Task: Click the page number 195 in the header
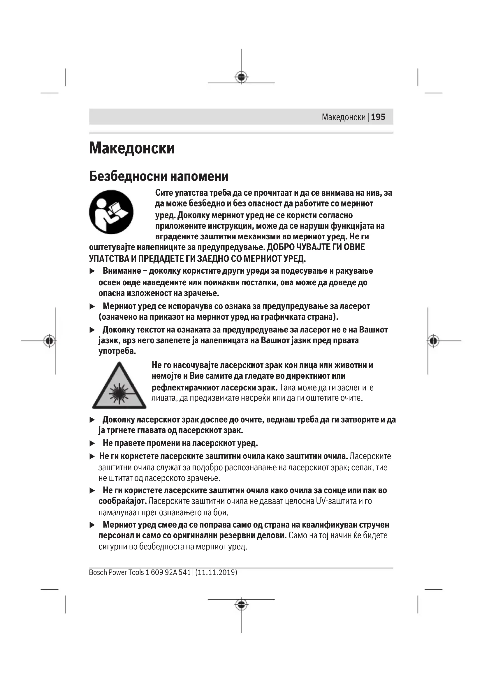tap(378, 117)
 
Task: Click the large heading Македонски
tap(132, 148)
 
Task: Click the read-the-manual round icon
tap(111, 212)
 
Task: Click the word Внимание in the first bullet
tap(122, 271)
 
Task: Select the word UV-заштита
tap(336, 501)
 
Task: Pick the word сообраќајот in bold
tap(123, 501)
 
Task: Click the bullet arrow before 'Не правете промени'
tap(92, 443)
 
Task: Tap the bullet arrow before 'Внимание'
tap(92, 271)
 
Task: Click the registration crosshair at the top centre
tap(241, 77)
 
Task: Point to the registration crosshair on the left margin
tap(50, 341)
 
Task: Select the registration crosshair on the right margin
tap(433, 341)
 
